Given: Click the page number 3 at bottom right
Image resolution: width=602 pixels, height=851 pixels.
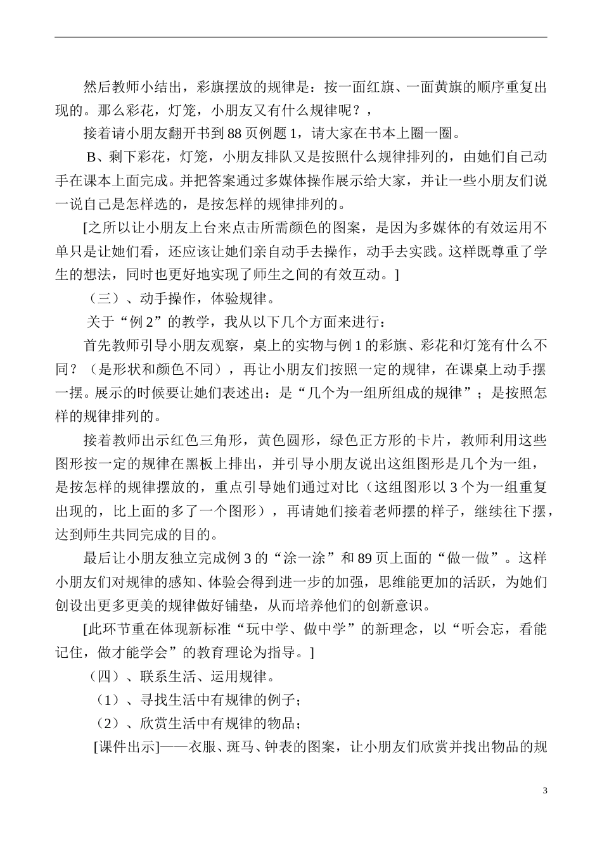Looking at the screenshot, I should coord(545,790).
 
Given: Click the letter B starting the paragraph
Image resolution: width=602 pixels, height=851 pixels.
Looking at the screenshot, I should coord(90,158).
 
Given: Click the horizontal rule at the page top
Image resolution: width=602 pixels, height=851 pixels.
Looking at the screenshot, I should coord(300,37).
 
